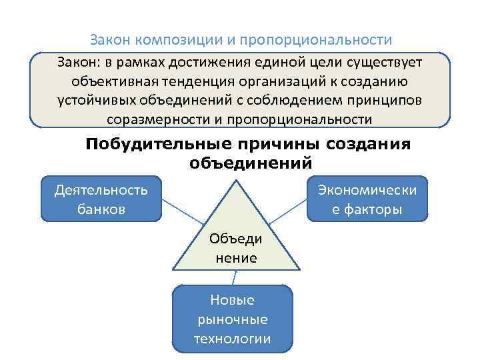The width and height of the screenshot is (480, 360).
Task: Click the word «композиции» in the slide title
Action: coord(179,40)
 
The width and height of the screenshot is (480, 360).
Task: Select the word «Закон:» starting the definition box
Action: coord(77,62)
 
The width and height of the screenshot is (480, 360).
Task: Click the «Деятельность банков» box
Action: coord(101,199)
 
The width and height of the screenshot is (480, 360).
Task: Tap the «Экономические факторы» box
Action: coord(367,199)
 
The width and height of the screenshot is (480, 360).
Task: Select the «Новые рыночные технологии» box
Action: coord(233,319)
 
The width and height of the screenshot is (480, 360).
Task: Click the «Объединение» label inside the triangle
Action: coord(236,248)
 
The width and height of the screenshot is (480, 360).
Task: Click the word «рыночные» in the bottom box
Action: coord(233,319)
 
